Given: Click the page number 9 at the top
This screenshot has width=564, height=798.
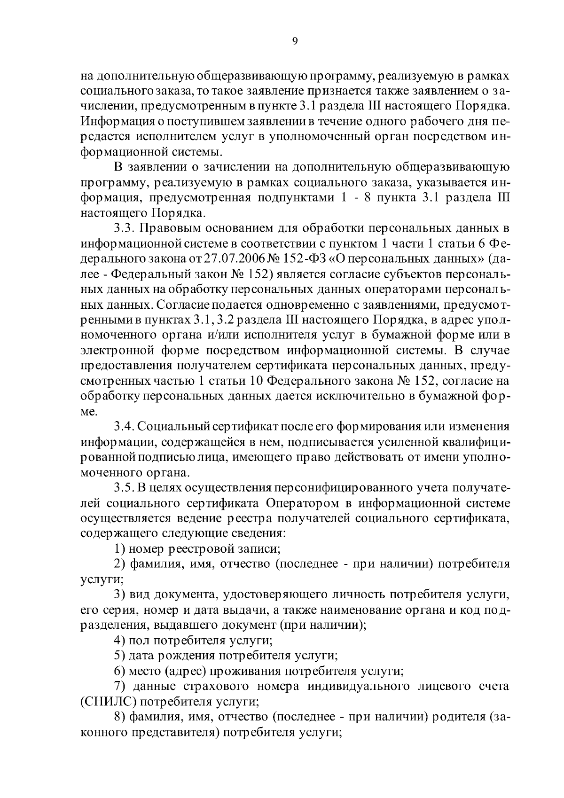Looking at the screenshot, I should point(295,41).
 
